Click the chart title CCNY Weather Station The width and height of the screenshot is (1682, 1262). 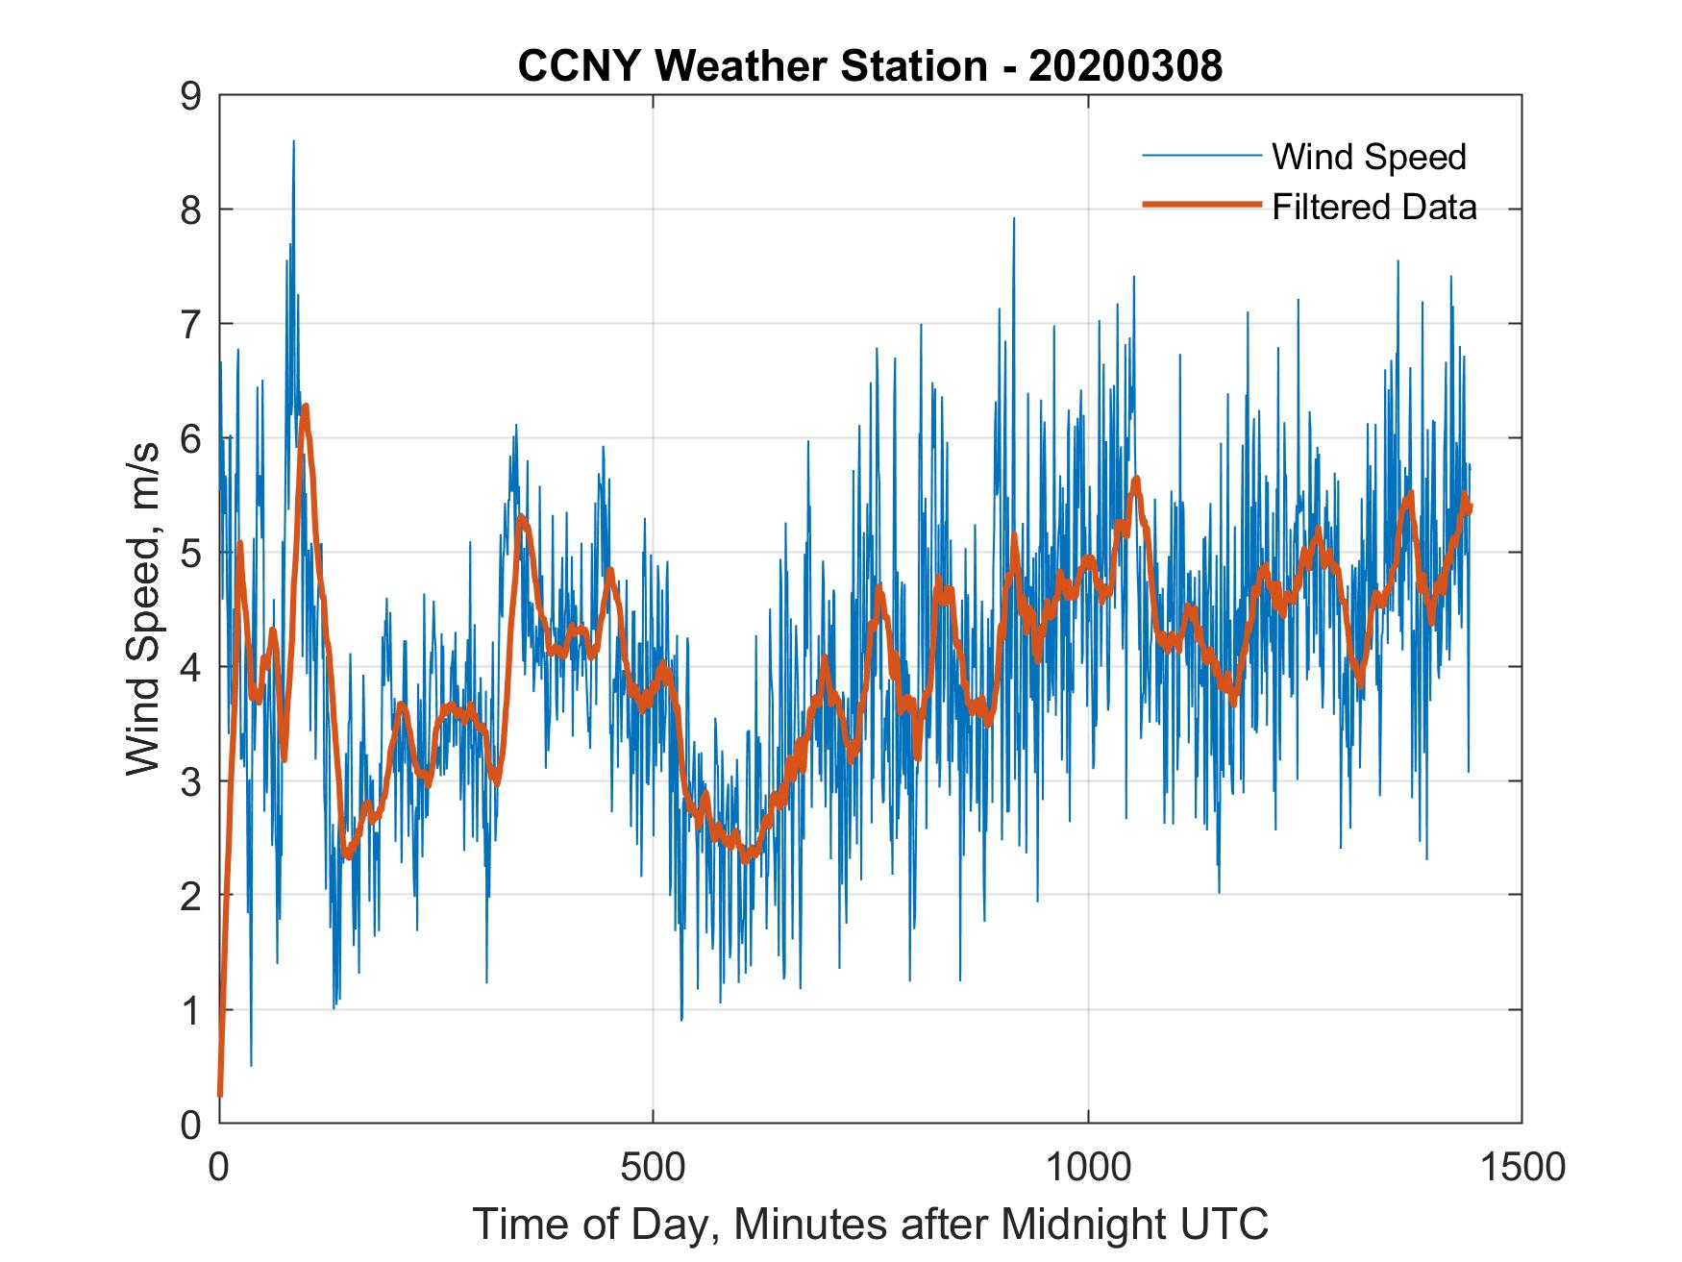[751, 66]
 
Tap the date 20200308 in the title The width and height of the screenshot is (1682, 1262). [1125, 66]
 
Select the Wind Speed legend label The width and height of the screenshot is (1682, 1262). [1369, 157]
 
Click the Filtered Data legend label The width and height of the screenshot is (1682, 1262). [1373, 207]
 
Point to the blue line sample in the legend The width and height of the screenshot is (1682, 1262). [1201, 156]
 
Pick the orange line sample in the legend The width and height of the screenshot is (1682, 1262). [1201, 205]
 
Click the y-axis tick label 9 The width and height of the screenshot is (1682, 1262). [190, 96]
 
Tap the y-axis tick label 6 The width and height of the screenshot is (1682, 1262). [190, 439]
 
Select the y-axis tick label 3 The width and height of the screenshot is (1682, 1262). [190, 781]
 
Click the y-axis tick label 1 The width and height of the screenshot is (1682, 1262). [190, 1010]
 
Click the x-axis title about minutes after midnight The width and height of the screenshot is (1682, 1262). [870, 1225]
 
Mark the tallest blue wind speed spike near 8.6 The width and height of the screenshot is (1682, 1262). [293, 142]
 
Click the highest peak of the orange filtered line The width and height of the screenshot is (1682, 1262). [305, 408]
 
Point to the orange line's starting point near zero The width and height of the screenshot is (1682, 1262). [220, 1094]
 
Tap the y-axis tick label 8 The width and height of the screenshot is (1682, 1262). [190, 210]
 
